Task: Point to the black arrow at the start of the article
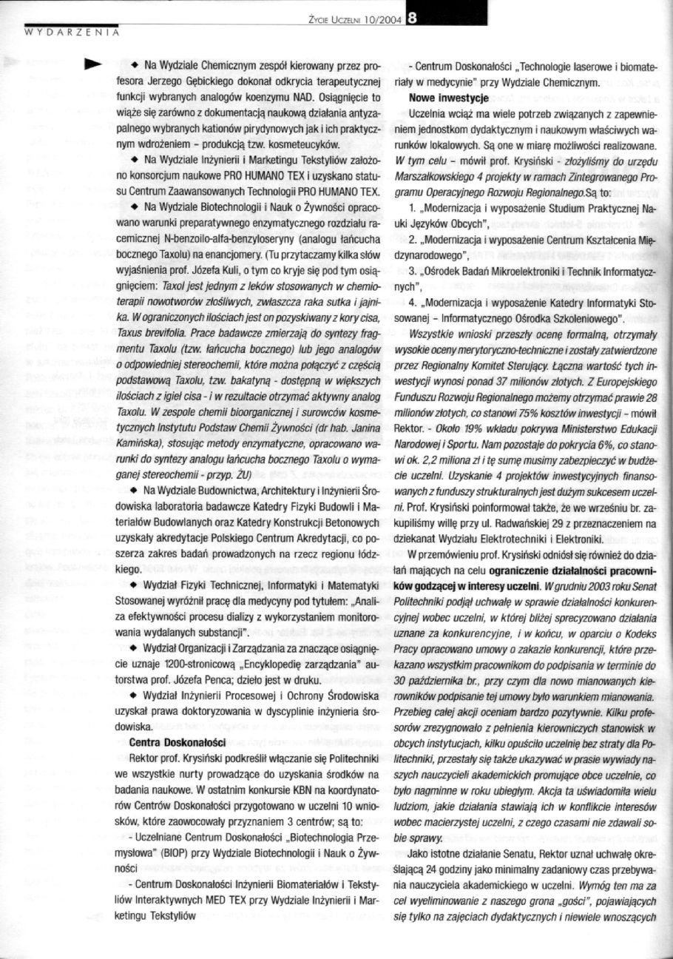pos(92,63)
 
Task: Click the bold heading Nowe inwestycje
pos(443,98)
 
